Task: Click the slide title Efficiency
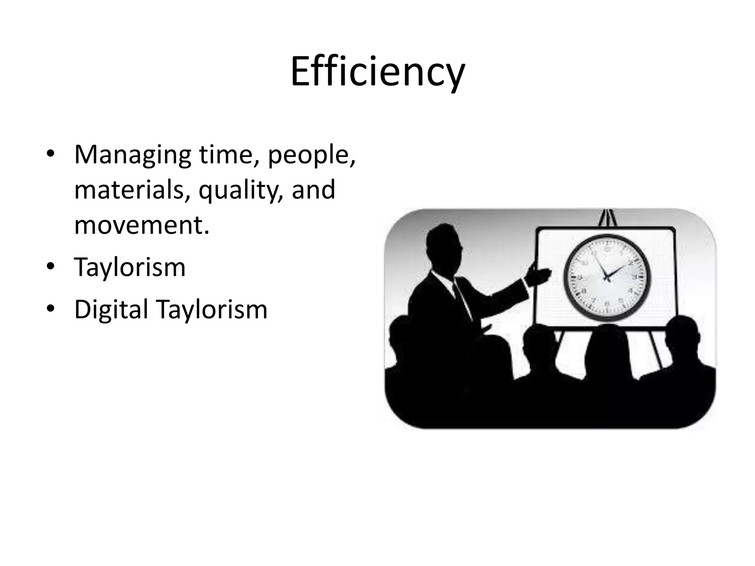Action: pyautogui.click(x=377, y=72)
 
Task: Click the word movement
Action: pyautogui.click(x=141, y=225)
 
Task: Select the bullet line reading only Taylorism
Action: pyautogui.click(x=130, y=268)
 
